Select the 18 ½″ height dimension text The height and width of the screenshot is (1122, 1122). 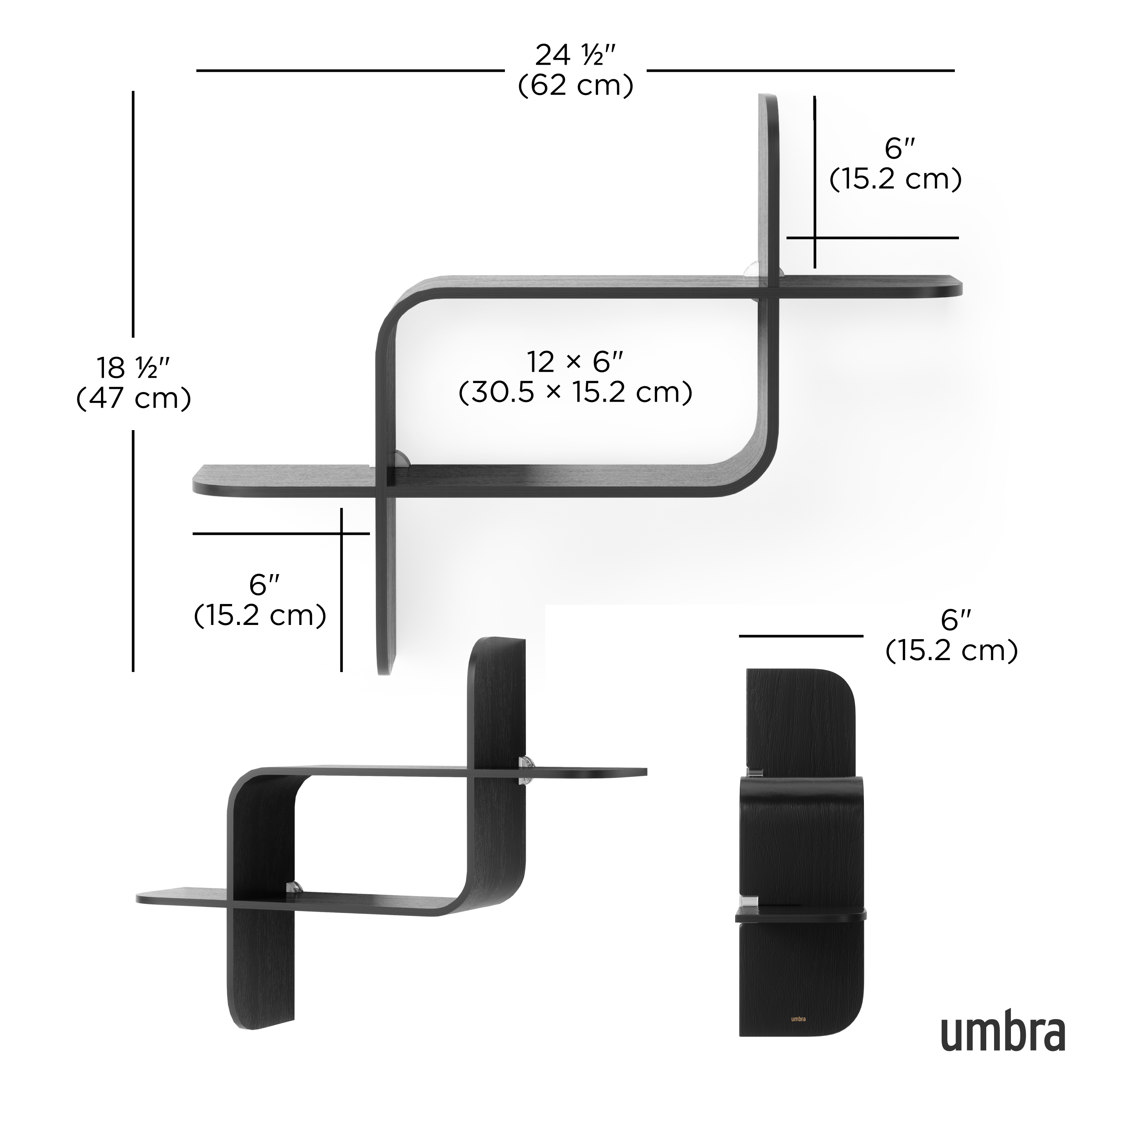click(133, 368)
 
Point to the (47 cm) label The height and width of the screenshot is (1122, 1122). click(133, 398)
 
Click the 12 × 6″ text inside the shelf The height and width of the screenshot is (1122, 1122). click(574, 362)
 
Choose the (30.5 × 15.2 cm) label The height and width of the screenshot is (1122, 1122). click(574, 393)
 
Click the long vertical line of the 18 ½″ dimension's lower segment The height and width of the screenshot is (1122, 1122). click(133, 552)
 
